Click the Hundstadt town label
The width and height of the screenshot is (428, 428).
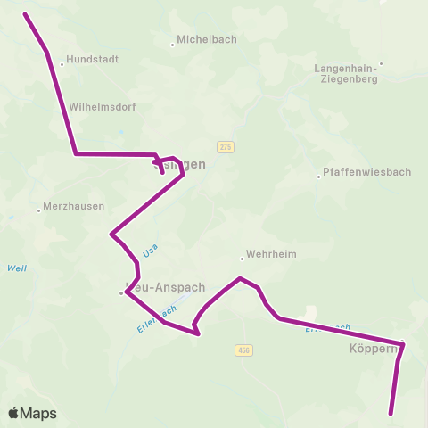coord(93,59)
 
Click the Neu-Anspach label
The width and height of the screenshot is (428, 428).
coord(168,288)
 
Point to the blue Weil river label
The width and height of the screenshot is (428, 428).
coord(16,268)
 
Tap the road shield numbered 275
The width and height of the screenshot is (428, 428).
coord(225,146)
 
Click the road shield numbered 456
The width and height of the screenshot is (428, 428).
coord(244,350)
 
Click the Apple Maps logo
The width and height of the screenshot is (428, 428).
coord(32,413)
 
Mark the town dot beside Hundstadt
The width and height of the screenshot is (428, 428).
coord(62,64)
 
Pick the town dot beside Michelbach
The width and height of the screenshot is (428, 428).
coord(173,45)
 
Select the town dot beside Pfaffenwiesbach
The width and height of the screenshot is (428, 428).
coord(318,176)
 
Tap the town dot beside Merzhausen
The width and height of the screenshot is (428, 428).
coord(39,210)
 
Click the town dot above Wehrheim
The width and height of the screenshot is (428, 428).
coord(242,259)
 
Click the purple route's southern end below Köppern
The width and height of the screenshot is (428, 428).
coord(391,413)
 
